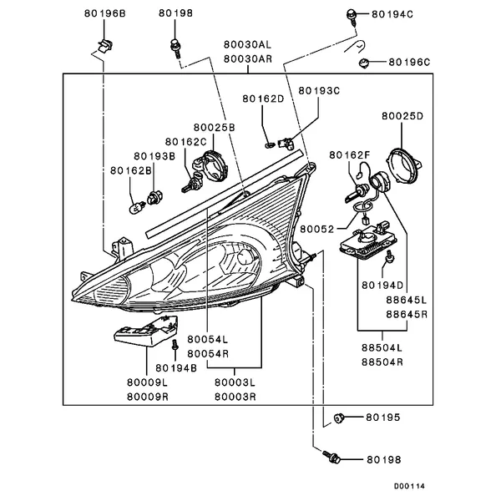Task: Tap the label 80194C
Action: [393, 15]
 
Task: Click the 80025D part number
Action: [403, 115]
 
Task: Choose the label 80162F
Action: [350, 155]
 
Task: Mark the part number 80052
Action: [318, 227]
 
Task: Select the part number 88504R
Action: [382, 362]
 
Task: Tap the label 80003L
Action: [235, 382]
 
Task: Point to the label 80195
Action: [383, 416]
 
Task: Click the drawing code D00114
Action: [410, 485]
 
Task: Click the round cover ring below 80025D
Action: [409, 164]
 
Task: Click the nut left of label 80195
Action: [339, 417]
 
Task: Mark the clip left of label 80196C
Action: [365, 62]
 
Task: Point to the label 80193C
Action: [319, 89]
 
